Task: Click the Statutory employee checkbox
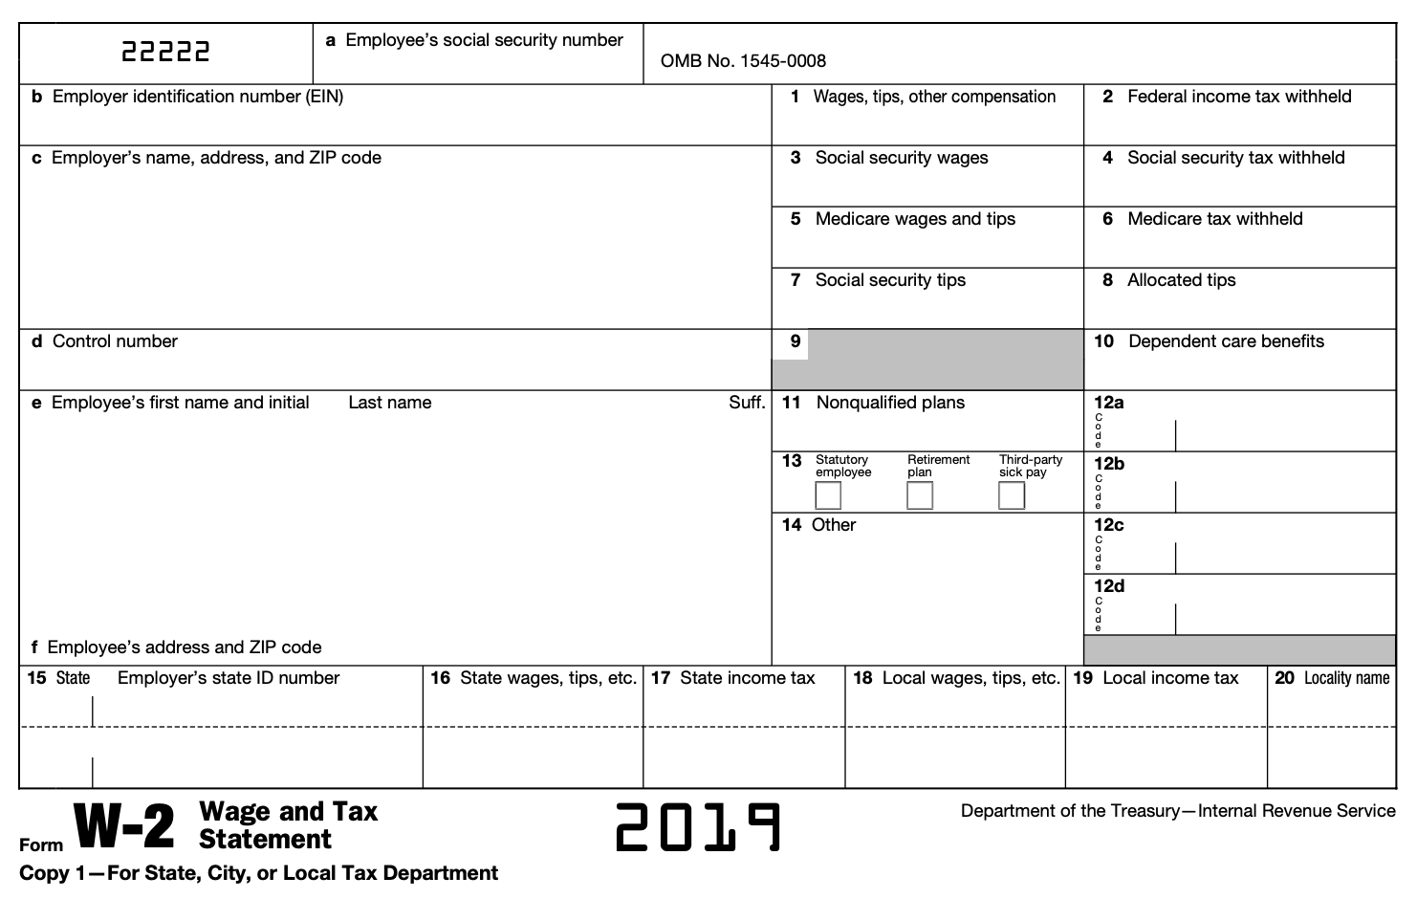(x=828, y=495)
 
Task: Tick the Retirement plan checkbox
(x=920, y=495)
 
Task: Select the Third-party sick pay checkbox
(x=1012, y=495)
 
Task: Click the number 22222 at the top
(x=165, y=52)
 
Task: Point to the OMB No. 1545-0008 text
(x=743, y=61)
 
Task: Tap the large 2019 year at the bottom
(x=698, y=827)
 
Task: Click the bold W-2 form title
(x=125, y=827)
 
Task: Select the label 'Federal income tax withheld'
(x=1239, y=97)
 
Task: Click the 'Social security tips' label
(x=890, y=280)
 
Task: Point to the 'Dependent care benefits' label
(x=1226, y=341)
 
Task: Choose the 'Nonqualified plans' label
(x=890, y=403)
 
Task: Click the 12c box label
(x=1109, y=525)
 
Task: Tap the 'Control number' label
(x=115, y=341)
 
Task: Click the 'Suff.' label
(x=747, y=403)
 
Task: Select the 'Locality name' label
(x=1346, y=678)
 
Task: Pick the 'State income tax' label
(x=747, y=678)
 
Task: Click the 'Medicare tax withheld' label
(x=1214, y=219)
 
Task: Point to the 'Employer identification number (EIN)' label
(x=198, y=97)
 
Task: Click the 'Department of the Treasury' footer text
(x=1178, y=811)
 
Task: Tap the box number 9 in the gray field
(x=796, y=341)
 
